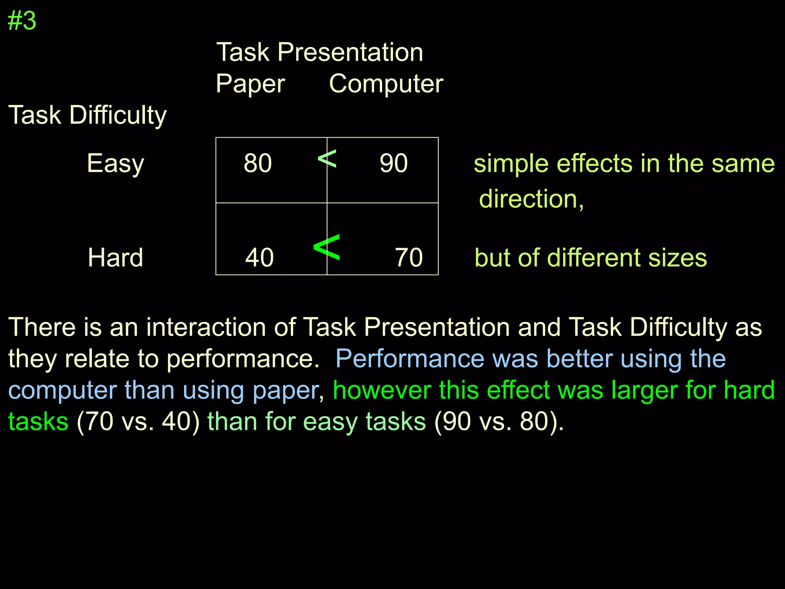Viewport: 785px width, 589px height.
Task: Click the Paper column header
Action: pos(250,84)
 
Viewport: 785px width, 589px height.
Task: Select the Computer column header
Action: pos(386,84)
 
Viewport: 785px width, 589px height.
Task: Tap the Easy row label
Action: pos(115,164)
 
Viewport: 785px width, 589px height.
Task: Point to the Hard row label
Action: pos(115,257)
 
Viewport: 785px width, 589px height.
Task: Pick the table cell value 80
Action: pos(258,163)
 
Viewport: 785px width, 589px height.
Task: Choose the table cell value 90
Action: pos(394,163)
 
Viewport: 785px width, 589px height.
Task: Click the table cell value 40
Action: pos(259,257)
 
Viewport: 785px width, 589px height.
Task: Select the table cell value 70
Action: pos(409,257)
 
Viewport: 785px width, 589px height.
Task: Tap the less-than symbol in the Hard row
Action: pos(326,247)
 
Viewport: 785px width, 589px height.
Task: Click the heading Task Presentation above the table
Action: pos(320,52)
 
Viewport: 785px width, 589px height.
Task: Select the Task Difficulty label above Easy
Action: pos(87,115)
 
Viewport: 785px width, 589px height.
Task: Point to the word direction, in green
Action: pos(531,199)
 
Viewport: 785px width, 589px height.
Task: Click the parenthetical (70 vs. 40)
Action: pos(138,422)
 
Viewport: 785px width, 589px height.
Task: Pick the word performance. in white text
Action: pos(243,359)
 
